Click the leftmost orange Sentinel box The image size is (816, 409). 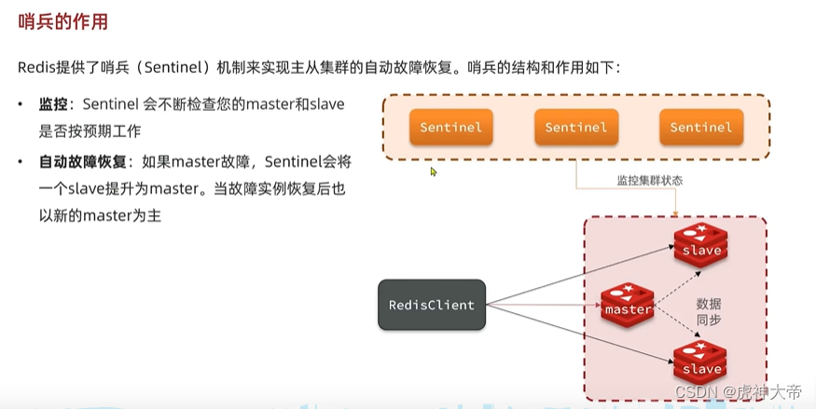[x=450, y=127]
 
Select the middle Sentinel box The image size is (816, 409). [x=575, y=127]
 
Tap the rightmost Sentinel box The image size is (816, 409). [x=700, y=127]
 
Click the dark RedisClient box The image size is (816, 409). [x=431, y=305]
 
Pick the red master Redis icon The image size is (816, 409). [x=628, y=305]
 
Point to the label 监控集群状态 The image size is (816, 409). [x=649, y=180]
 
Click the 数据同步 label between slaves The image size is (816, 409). [x=708, y=311]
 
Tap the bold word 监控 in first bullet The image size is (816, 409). [x=53, y=104]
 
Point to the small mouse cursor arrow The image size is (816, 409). [x=434, y=171]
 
